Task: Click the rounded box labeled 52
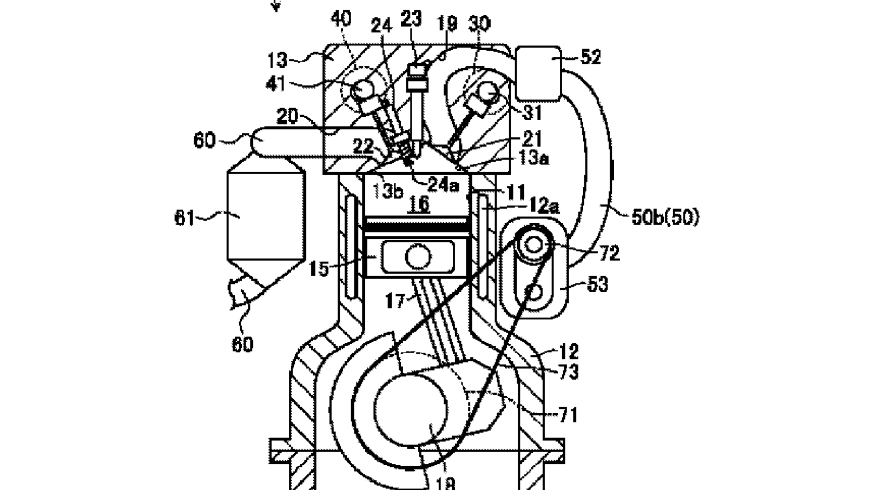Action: point(539,73)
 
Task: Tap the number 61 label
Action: point(184,218)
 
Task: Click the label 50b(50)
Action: point(665,217)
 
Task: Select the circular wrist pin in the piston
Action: point(417,256)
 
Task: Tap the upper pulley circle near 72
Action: point(533,244)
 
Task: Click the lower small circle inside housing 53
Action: point(533,292)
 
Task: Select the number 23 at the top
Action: point(411,19)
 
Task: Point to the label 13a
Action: point(533,158)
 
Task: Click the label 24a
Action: point(443,185)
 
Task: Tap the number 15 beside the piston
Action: point(319,268)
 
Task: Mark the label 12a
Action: point(544,206)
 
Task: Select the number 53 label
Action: point(597,284)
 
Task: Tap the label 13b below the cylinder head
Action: point(387,190)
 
